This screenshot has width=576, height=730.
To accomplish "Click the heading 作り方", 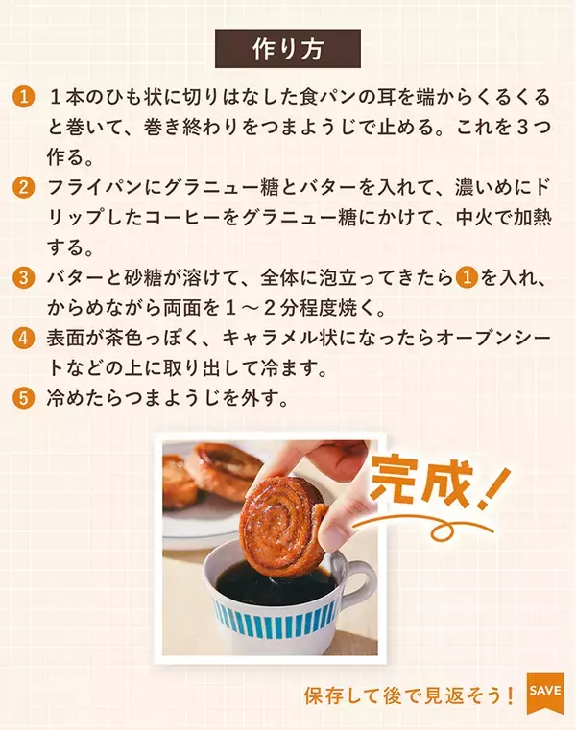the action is (x=288, y=49).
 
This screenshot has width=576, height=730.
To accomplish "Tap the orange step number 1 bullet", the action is (x=24, y=97).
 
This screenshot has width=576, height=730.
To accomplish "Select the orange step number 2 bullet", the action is (x=24, y=188).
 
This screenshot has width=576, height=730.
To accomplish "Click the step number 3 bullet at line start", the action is (x=24, y=278).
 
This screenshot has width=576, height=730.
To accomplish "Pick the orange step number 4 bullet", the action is (x=24, y=338).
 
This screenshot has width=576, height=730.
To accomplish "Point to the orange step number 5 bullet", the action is (x=24, y=398).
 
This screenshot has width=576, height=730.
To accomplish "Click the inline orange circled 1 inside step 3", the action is (x=467, y=278).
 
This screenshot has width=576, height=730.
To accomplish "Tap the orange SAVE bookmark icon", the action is (x=545, y=693).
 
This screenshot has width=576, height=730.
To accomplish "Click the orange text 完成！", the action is (x=438, y=484).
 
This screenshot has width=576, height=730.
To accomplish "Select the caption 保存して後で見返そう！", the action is (x=409, y=696).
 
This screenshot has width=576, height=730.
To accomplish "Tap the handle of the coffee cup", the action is (x=360, y=580).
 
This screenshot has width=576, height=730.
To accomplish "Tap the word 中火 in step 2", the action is (x=474, y=218).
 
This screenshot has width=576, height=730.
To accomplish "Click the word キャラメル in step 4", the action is (x=272, y=339).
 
